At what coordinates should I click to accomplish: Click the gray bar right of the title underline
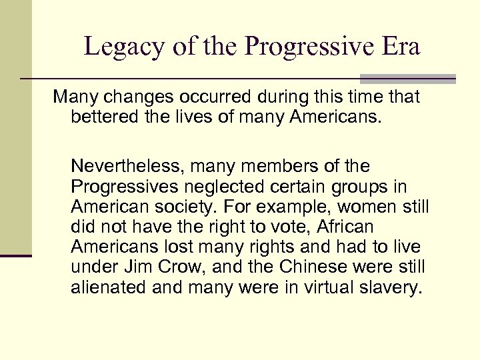tap(407, 79)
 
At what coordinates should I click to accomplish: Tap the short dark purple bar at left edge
tap(16, 256)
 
